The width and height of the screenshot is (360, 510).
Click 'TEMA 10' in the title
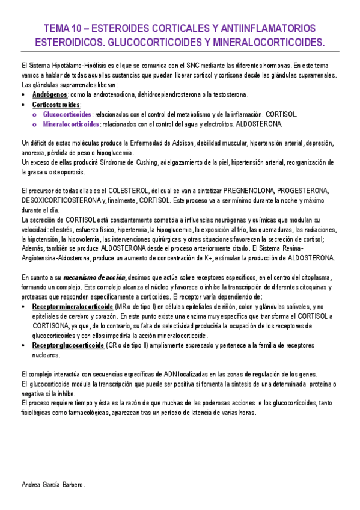click(x=64, y=29)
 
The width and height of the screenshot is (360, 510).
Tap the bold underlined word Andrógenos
click(x=50, y=95)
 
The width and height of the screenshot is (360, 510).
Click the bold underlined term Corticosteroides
click(x=56, y=105)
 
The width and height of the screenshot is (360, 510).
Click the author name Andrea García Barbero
click(x=53, y=484)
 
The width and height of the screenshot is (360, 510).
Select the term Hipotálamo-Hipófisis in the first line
click(x=76, y=66)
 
